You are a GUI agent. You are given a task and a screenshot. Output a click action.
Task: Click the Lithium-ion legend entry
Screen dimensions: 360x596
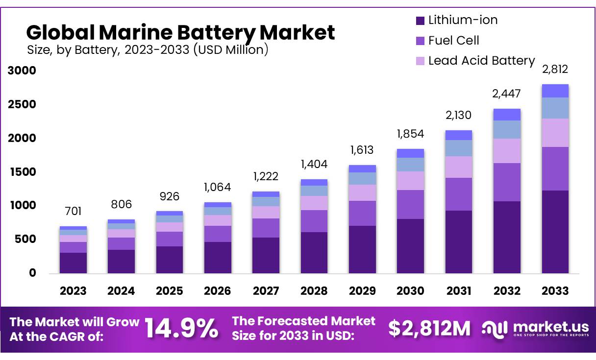[x=456, y=20]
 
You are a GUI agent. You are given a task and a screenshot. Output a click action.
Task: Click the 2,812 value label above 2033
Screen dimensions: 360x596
[x=555, y=69]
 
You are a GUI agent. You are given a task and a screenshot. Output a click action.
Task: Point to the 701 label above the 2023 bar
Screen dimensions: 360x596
[x=73, y=212]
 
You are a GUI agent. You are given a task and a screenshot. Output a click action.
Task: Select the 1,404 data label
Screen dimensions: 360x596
[x=314, y=164]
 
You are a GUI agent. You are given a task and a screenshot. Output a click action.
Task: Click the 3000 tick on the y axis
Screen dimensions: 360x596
[x=22, y=71]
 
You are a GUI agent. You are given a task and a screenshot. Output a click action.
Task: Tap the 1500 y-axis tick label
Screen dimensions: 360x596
[x=22, y=172]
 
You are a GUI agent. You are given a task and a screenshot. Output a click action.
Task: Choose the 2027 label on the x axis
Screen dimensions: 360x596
[x=266, y=291]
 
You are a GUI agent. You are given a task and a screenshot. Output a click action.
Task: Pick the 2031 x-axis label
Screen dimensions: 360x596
[x=459, y=291]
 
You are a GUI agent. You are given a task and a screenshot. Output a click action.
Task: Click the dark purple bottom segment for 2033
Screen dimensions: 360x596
[x=555, y=232]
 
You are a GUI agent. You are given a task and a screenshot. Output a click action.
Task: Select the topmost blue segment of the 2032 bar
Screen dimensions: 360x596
[x=507, y=115]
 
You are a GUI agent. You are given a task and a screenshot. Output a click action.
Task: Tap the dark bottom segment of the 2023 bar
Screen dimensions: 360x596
[x=73, y=263]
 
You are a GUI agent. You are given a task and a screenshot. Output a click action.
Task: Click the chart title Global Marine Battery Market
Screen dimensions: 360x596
[x=180, y=32]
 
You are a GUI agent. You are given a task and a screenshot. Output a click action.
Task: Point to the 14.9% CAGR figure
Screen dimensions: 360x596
[x=182, y=329]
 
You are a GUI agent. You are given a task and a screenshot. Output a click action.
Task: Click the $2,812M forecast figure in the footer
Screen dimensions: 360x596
[x=429, y=329]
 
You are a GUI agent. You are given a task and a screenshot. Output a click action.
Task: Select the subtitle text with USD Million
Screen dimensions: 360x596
[x=147, y=49]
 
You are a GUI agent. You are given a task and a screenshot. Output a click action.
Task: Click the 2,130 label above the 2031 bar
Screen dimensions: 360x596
[x=459, y=116]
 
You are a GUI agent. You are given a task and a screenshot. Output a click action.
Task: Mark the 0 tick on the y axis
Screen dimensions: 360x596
[x=32, y=273]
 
